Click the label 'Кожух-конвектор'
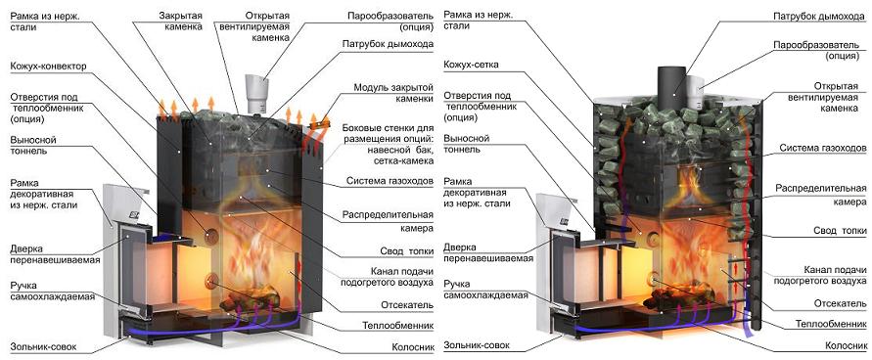pos(48,67)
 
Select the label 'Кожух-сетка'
pos(471,65)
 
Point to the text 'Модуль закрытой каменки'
pos(393,93)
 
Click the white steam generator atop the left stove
pos(256,92)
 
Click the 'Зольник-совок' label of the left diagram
pos(43,347)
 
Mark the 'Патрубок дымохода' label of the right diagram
pos(818,17)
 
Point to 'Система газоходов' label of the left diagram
pos(390,181)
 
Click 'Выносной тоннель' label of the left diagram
pos(33,145)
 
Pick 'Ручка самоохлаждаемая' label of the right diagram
pos(485,290)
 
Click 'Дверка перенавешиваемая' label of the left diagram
pos(55,254)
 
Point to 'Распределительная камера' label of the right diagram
pos(820,195)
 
